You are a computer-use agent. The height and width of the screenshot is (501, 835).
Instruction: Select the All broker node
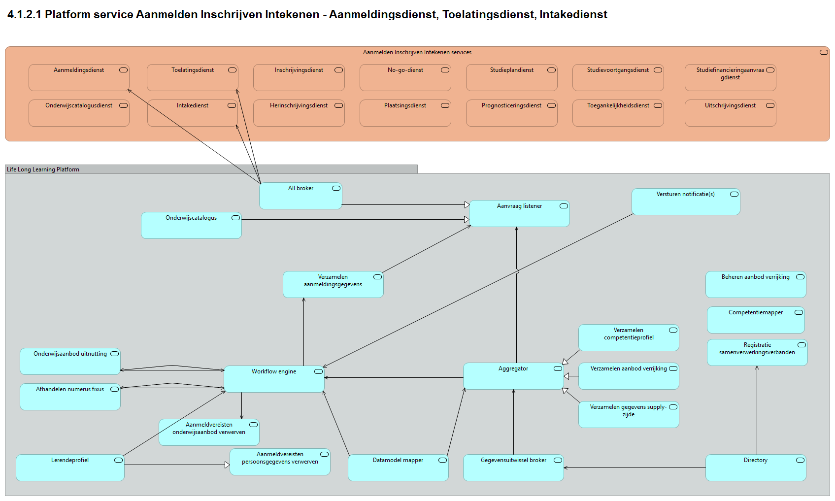tap(301, 196)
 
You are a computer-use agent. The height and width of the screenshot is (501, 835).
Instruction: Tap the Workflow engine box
tap(274, 379)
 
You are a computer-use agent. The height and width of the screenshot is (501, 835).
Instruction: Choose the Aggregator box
tap(513, 376)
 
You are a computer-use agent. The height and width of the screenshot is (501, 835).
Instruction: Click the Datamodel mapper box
tap(398, 468)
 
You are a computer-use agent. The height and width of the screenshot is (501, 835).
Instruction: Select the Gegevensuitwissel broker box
tap(513, 468)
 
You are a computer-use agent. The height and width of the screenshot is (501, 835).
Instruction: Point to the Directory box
tap(756, 468)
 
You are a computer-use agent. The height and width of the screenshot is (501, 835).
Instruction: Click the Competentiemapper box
tap(756, 320)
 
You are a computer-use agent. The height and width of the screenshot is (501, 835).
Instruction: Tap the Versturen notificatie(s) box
tap(686, 202)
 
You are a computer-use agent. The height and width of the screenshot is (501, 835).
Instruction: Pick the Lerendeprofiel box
tap(70, 468)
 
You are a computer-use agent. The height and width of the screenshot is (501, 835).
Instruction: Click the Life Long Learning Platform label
tap(43, 169)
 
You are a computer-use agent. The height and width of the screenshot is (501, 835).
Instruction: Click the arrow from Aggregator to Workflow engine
tap(394, 378)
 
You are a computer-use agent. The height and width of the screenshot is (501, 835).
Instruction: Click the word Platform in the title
tap(67, 14)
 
